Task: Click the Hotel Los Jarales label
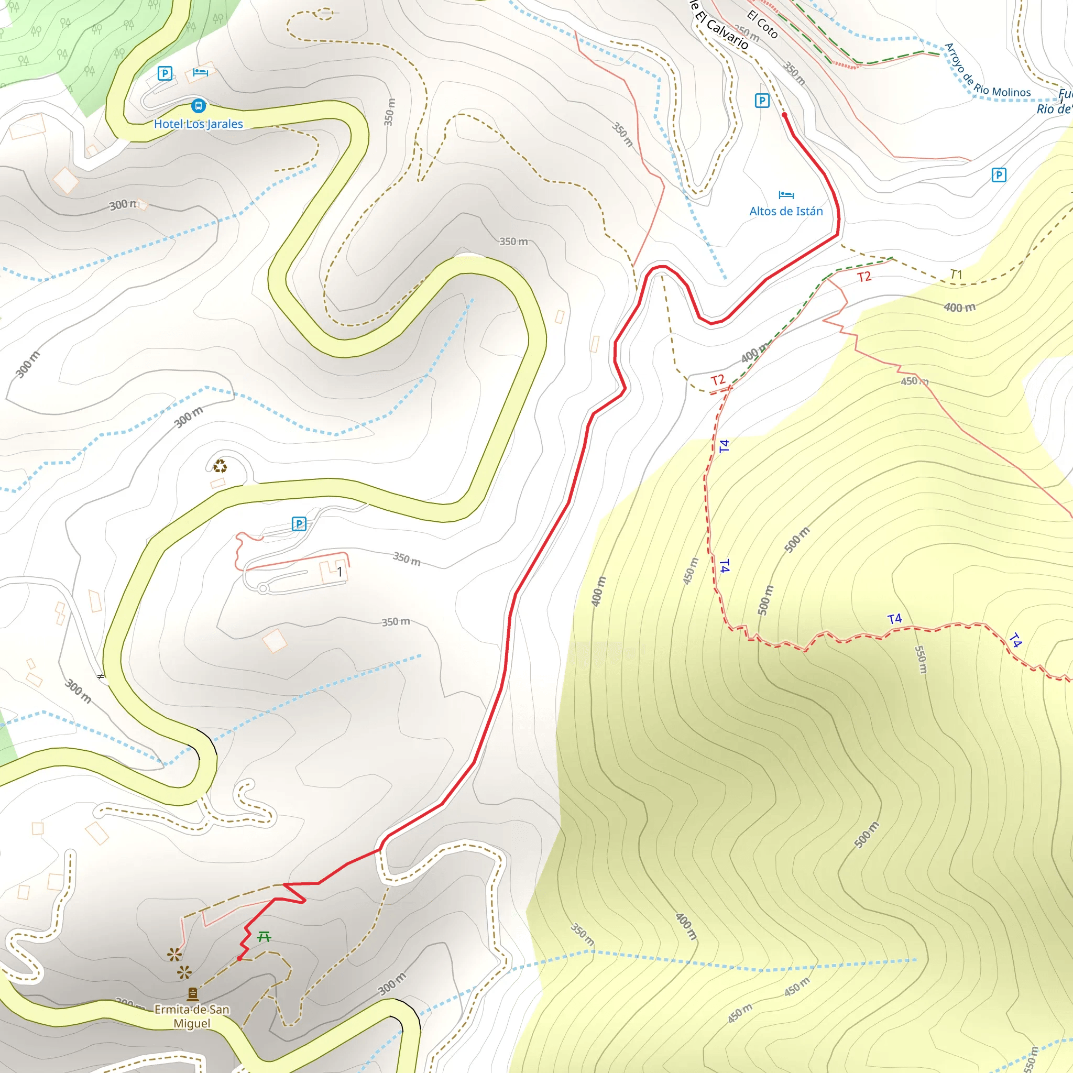(x=198, y=124)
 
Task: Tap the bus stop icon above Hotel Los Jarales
(x=198, y=105)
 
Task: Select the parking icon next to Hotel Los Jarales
(x=165, y=73)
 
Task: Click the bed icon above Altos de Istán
(x=786, y=195)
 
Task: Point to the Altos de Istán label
(x=786, y=211)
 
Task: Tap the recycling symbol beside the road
(x=220, y=466)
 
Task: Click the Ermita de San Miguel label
(x=192, y=1016)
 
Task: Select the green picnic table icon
(x=264, y=937)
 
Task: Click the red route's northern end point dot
(x=784, y=115)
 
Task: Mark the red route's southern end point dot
(x=239, y=958)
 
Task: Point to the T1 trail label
(x=955, y=275)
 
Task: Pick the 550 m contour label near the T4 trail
(x=920, y=660)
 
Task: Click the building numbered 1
(x=340, y=572)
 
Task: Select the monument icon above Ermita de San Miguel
(x=193, y=993)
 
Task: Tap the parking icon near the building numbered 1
(x=299, y=524)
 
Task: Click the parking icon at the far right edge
(x=999, y=176)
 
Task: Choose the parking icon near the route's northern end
(x=762, y=101)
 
